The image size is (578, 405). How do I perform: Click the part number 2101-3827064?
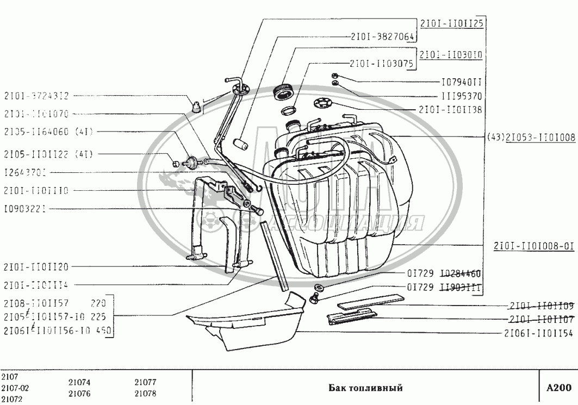tap(382, 37)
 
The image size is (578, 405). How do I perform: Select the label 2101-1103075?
tap(382, 63)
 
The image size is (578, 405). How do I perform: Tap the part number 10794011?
tap(462, 83)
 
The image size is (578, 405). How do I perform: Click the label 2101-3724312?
tap(36, 95)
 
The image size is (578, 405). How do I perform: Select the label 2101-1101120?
tap(36, 266)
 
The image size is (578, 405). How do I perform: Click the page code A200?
tap(558, 388)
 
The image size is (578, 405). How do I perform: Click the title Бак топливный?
tap(365, 388)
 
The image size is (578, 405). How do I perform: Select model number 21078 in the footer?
tap(145, 393)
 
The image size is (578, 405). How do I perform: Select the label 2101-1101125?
tap(452, 23)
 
